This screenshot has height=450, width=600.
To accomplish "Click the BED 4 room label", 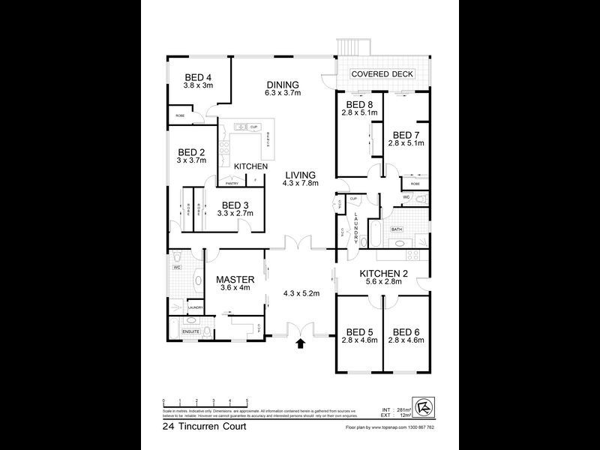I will coord(198,77).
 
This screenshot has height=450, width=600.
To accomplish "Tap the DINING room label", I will coord(282,85).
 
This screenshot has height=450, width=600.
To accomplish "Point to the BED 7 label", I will coord(406,135).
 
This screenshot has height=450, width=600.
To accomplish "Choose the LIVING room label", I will coord(299,175).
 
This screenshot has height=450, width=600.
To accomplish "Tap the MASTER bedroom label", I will coord(235,280).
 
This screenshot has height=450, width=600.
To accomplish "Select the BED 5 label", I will coord(359,331).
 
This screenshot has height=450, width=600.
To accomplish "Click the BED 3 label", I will coord(235,205).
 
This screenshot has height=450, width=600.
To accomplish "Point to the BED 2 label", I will coord(190,151).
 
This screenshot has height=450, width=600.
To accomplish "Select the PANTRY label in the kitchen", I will coord(232,182).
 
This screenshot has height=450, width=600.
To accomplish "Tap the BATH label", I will coord(396,229).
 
